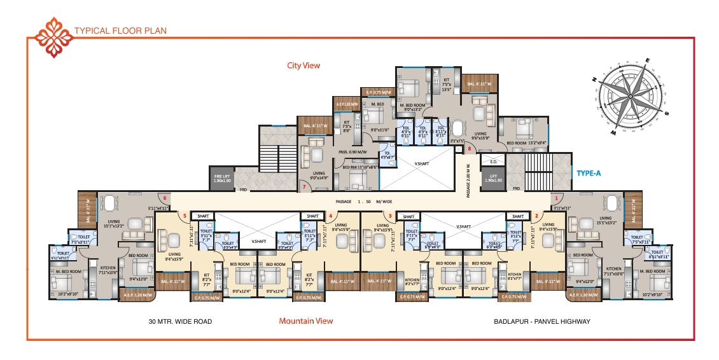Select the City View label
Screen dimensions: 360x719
303,66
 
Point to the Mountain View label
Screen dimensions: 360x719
305,321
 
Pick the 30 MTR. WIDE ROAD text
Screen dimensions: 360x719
179,322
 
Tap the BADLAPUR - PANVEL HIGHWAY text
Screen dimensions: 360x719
541,322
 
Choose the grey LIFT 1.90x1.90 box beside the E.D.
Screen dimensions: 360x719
492,178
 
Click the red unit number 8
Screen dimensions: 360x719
470,149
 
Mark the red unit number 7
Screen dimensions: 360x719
304,186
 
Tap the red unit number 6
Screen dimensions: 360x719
164,198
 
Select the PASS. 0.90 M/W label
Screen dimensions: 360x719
351,153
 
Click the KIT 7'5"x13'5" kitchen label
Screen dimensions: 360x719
447,85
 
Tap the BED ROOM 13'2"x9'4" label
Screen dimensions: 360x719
525,143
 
